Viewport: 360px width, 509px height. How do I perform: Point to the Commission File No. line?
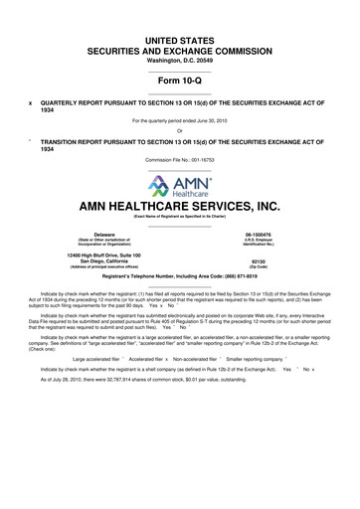[x=180, y=144]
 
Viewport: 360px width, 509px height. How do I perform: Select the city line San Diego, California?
[x=91, y=261]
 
